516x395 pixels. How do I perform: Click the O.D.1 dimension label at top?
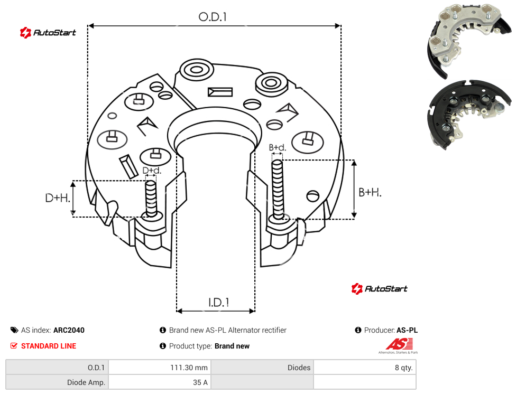(213, 17)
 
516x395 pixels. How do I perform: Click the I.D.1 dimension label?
(219, 303)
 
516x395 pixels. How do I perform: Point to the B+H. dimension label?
(370, 192)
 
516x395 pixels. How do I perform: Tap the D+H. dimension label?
(58, 198)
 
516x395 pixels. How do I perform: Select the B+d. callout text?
(278, 147)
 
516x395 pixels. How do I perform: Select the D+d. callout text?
(152, 171)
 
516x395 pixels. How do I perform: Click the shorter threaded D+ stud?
(151, 199)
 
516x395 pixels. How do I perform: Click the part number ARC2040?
(69, 330)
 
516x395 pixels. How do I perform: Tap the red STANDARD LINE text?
(49, 346)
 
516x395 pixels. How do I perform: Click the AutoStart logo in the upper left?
(48, 32)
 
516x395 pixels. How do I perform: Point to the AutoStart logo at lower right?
(379, 288)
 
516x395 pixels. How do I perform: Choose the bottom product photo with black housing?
(469, 114)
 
